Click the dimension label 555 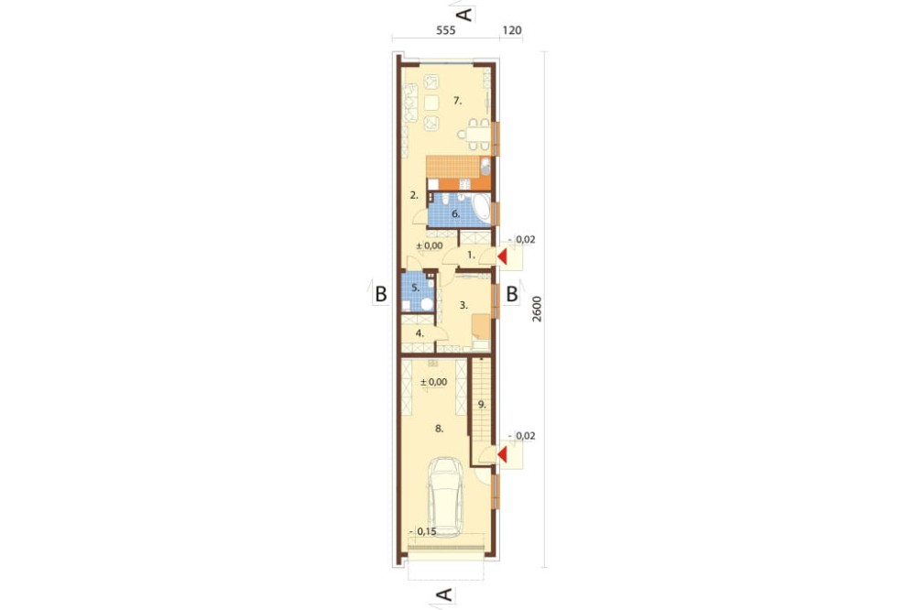(445, 30)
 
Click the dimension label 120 (512, 30)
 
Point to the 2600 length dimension (537, 309)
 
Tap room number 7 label (457, 101)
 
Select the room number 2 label (414, 195)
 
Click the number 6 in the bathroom (456, 213)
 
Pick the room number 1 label (472, 255)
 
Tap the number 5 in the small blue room (415, 288)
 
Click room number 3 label (463, 304)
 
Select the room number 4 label (420, 333)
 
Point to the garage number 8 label (440, 429)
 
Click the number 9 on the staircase (482, 404)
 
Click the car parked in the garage (444, 497)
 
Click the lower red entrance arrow (501, 454)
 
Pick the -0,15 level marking (424, 531)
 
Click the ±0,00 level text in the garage (433, 382)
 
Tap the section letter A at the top (463, 15)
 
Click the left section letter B (381, 293)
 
